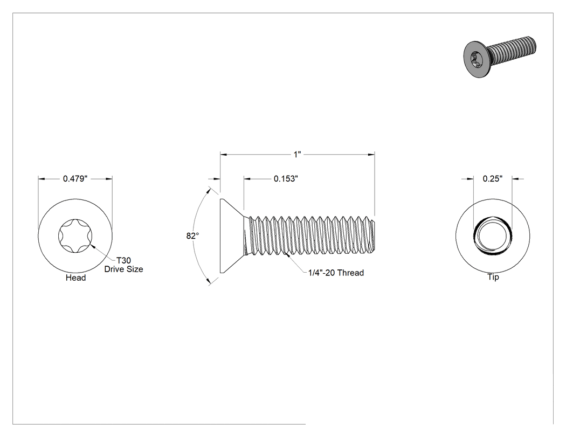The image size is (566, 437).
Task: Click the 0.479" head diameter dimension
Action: [x=75, y=178]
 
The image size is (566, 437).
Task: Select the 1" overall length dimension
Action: [x=297, y=155]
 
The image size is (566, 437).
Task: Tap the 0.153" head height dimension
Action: [x=286, y=178]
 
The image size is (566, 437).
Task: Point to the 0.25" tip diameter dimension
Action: [x=492, y=178]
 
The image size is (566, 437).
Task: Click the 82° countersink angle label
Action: [x=192, y=236]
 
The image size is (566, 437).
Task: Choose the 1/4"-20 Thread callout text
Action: [x=336, y=273]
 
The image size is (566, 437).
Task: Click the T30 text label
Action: [x=123, y=261]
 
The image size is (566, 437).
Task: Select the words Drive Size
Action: [x=123, y=269]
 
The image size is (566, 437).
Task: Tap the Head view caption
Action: [x=76, y=278]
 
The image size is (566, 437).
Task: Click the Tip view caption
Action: [x=493, y=277]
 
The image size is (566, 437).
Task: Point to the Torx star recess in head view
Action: [x=75, y=237]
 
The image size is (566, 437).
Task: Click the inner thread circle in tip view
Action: [x=492, y=237]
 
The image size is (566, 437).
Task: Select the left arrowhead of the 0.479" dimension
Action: [x=42, y=178]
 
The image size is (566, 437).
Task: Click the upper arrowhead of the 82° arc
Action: [x=209, y=190]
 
